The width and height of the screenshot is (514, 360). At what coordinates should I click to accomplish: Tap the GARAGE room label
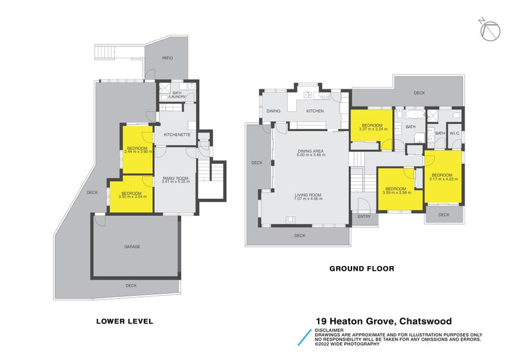132,247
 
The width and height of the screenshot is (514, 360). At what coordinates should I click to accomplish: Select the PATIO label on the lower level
167,59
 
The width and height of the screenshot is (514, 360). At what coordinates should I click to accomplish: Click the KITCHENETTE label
176,134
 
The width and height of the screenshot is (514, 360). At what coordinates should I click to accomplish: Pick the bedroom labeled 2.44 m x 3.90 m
136,150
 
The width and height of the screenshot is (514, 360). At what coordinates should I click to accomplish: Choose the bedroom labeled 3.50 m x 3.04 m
131,195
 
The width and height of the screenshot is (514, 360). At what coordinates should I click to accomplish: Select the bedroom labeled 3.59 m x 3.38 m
399,190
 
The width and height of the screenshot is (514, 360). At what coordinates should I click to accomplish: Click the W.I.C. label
454,133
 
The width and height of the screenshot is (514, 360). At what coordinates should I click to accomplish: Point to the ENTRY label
364,217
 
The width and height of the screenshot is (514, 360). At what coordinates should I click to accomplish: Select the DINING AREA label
310,153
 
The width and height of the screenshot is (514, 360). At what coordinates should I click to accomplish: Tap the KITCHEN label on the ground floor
315,112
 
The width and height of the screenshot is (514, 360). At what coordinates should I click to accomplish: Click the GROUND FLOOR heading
361,269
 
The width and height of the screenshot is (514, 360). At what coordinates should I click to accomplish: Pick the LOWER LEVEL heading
125,321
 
